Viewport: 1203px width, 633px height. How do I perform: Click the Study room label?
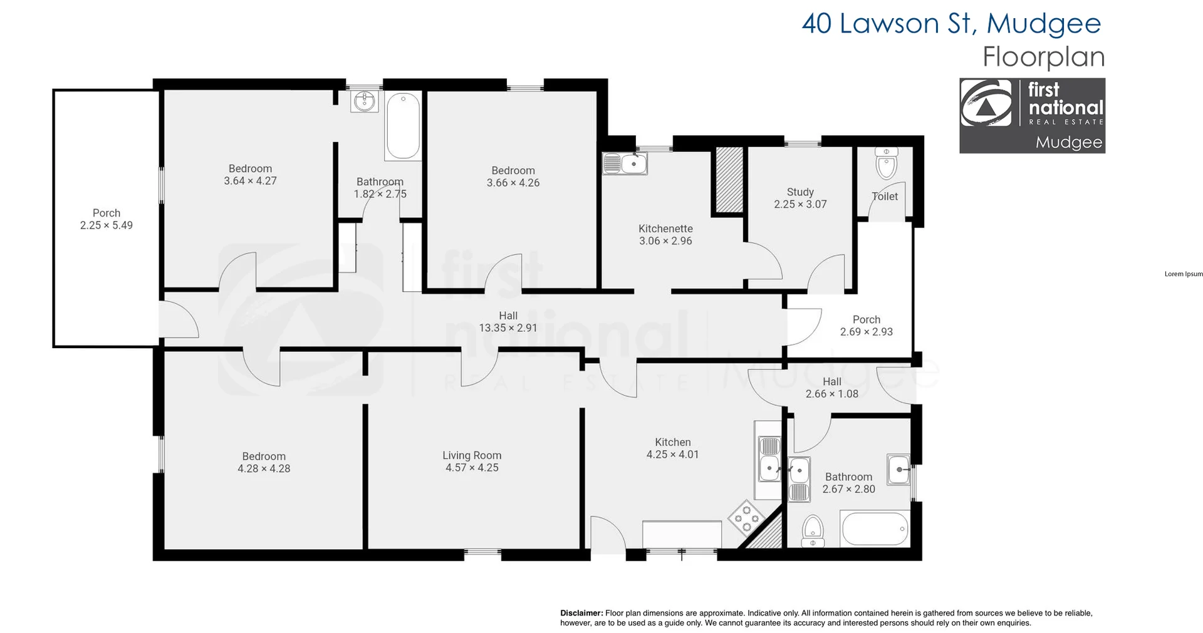[x=800, y=192]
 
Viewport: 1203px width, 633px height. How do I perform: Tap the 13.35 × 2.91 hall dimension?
[x=508, y=327]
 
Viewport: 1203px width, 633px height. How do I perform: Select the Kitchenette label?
[x=665, y=229]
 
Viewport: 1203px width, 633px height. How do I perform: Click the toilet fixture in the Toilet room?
[x=886, y=167]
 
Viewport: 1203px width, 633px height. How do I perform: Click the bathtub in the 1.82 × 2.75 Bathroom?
[x=403, y=126]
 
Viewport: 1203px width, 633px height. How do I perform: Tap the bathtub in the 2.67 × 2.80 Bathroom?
[x=875, y=529]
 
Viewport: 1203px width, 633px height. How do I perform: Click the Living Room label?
[x=472, y=455]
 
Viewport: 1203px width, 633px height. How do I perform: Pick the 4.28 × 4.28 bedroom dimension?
[x=264, y=468]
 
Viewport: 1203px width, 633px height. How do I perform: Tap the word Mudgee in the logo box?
[x=1068, y=142]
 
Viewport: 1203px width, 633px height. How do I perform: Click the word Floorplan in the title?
[x=1043, y=57]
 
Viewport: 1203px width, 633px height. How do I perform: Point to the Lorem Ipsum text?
[x=1183, y=274]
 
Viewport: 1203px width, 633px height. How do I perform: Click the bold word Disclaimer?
[x=581, y=613]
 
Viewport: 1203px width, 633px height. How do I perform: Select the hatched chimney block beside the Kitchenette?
[x=729, y=180]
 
